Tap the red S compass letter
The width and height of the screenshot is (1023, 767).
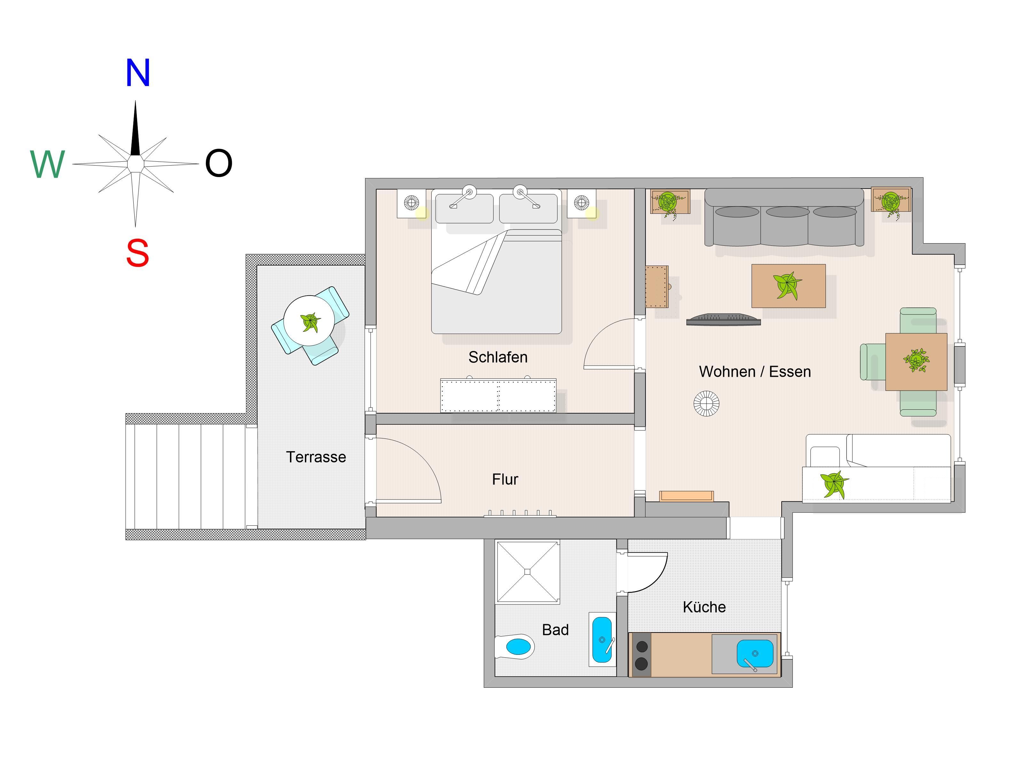(x=137, y=253)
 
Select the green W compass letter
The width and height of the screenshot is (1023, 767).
(x=47, y=164)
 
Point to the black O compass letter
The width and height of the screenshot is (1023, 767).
(x=218, y=163)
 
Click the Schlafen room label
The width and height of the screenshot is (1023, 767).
(x=498, y=357)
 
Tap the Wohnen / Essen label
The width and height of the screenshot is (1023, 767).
(x=755, y=372)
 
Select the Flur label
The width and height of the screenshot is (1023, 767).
(x=505, y=479)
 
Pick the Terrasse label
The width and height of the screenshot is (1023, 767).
(x=316, y=457)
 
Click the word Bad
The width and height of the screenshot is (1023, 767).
(x=555, y=630)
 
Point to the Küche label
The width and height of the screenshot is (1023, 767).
(x=704, y=607)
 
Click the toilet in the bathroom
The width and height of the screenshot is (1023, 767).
(x=514, y=646)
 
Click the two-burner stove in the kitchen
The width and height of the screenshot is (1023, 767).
(x=642, y=655)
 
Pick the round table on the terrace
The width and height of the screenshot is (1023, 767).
(x=309, y=321)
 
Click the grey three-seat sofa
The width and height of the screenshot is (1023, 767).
(x=784, y=217)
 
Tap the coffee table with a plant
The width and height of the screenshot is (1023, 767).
(x=789, y=286)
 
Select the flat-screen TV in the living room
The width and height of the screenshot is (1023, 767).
(x=723, y=320)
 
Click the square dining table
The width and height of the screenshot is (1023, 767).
(x=916, y=361)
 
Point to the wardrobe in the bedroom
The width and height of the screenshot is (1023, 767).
(x=498, y=396)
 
